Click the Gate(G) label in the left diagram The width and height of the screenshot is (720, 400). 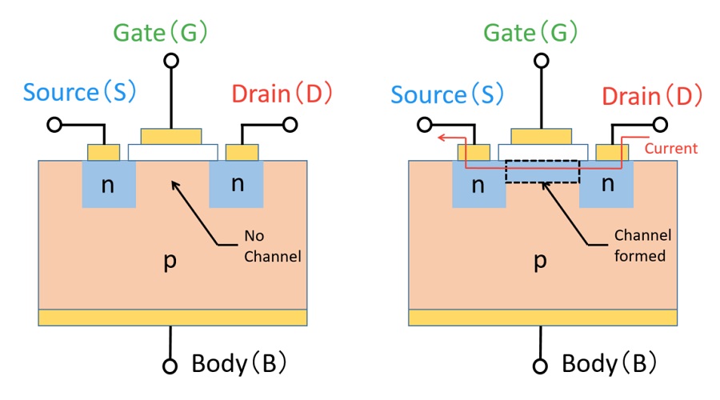tap(161, 33)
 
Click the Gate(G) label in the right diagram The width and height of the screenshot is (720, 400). tap(531, 33)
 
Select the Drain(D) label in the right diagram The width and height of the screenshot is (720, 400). tap(652, 96)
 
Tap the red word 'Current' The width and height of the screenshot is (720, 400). tap(670, 148)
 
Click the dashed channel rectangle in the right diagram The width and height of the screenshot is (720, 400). tap(542, 171)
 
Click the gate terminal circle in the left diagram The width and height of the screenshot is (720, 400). tap(170, 61)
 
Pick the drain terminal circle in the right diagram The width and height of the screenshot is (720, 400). tap(661, 125)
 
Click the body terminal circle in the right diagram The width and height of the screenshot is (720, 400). tap(541, 366)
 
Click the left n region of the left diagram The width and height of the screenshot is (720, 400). tap(108, 184)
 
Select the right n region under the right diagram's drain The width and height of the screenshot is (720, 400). tap(606, 184)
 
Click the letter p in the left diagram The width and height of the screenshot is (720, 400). tap(170, 262)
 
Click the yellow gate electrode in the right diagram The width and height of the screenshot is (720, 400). tap(541, 134)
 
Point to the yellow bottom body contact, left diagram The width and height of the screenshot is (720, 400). tap(172, 318)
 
